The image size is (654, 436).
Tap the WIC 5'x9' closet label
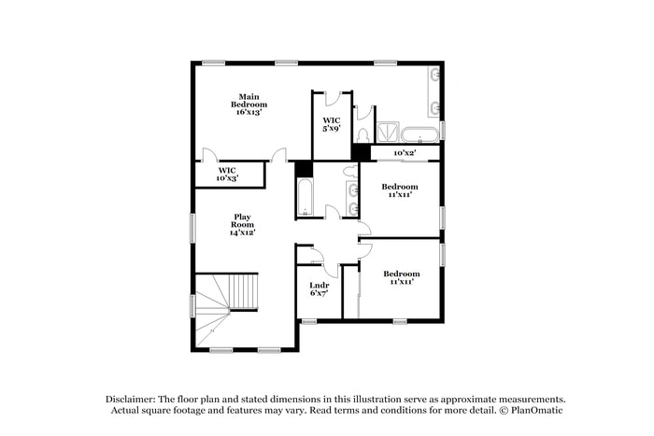tap(331, 126)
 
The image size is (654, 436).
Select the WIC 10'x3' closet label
tap(227, 174)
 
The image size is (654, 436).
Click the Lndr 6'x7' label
tap(319, 289)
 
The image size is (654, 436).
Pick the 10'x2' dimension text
tap(405, 152)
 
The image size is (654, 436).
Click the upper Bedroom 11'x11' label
tap(400, 190)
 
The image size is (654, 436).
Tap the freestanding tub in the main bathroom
tap(421, 132)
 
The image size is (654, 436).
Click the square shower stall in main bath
tap(388, 131)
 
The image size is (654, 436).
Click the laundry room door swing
tap(316, 254)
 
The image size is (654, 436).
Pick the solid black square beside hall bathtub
tap(303, 169)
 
